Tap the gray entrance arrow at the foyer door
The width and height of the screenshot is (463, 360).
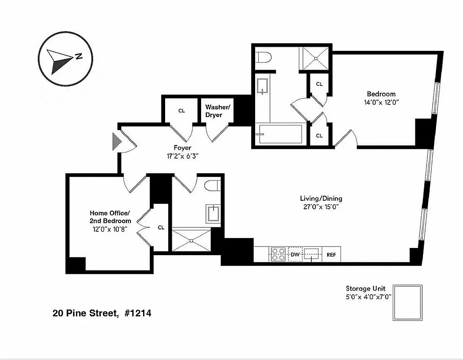point(117,141)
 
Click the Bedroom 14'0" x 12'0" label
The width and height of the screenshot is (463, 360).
point(381,98)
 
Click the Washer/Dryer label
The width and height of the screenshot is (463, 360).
point(218,111)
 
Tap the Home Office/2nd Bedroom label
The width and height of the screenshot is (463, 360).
point(110,217)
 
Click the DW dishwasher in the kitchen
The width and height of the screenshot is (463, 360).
point(295,255)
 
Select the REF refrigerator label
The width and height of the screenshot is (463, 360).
point(331,255)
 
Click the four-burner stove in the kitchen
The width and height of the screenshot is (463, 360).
point(278,254)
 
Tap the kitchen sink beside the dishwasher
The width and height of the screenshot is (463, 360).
point(311,254)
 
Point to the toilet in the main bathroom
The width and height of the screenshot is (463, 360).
point(264,58)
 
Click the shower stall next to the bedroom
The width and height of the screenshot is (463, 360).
point(315,58)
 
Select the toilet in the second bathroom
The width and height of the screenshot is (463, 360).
point(211,186)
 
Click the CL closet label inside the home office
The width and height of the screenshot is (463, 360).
point(161,228)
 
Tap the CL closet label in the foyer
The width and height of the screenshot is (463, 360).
point(182,111)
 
